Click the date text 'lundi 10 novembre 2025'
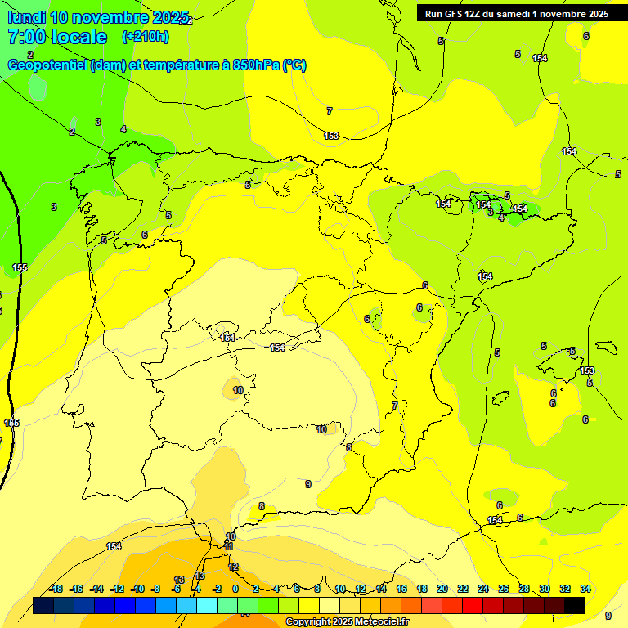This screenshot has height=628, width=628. point(98,17)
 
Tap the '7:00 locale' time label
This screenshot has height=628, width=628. point(57,37)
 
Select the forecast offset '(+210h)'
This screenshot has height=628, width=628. point(146,37)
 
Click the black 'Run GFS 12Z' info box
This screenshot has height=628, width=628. point(516,13)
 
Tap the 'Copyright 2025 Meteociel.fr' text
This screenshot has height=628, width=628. point(348,622)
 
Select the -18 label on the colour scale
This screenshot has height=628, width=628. point(56,589)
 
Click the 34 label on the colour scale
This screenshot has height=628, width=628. point(585,589)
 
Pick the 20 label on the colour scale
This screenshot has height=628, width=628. point(442,589)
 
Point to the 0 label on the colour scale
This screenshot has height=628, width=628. point(235,589)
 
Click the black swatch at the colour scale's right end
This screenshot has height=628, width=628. point(575,605)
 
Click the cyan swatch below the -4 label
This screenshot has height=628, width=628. point(207,605)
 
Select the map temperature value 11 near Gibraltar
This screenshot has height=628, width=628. point(229,546)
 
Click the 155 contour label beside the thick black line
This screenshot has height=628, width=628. point(20,268)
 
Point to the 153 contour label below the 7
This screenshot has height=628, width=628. point(331,137)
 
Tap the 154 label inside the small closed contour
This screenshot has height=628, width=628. point(228,337)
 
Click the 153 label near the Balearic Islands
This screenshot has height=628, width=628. point(587,370)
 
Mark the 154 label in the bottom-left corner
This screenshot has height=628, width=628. point(114,546)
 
